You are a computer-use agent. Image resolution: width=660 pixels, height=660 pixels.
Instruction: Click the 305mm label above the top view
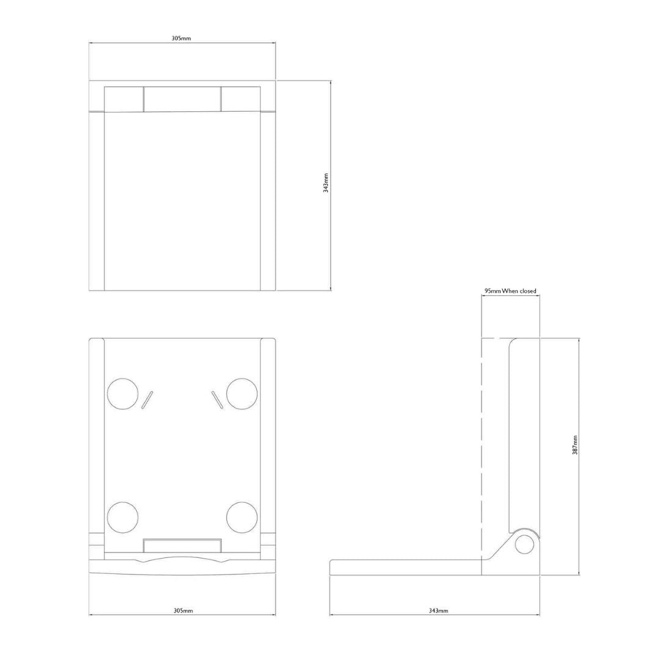tap(182, 38)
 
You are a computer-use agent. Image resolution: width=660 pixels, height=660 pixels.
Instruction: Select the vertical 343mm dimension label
tap(326, 183)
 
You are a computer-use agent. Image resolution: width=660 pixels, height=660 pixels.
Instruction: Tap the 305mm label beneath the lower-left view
tap(183, 610)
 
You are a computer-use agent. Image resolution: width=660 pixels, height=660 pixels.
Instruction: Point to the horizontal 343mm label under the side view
tap(438, 610)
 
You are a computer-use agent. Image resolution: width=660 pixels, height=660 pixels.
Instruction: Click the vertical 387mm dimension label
tap(575, 445)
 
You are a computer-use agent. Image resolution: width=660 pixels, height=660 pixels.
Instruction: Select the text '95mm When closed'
tap(510, 291)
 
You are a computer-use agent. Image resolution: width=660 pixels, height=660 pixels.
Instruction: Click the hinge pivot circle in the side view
tap(524, 544)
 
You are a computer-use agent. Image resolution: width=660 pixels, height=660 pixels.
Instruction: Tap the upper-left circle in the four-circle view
tap(122, 394)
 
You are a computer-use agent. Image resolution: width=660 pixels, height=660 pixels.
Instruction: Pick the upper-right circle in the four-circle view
tap(241, 394)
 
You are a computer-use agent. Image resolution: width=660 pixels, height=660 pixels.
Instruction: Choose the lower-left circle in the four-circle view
tap(122, 517)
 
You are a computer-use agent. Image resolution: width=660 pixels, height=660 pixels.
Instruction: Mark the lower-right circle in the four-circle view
tap(241, 517)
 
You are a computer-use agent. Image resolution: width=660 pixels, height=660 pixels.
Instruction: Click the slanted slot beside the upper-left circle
tap(147, 400)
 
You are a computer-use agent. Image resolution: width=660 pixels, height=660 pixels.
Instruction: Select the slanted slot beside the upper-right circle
tap(216, 400)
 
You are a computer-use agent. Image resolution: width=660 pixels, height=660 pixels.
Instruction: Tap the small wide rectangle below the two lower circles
tap(182, 546)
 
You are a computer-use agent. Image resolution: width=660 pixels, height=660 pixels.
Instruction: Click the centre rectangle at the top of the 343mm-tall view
tap(182, 99)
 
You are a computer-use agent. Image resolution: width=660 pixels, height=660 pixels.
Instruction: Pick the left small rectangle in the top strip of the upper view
tap(124, 99)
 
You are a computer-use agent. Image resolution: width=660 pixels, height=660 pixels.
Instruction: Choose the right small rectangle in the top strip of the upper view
tap(241, 99)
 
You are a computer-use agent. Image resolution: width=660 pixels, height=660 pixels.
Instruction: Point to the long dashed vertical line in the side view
tap(482, 446)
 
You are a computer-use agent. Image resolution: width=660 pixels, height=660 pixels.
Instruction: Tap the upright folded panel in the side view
tap(524, 434)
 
